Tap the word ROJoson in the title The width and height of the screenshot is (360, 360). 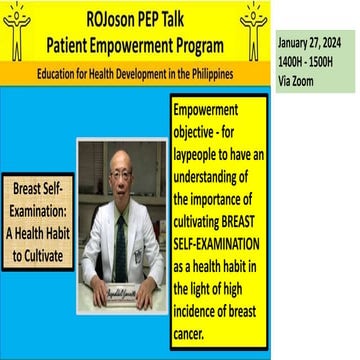point(103,17)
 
